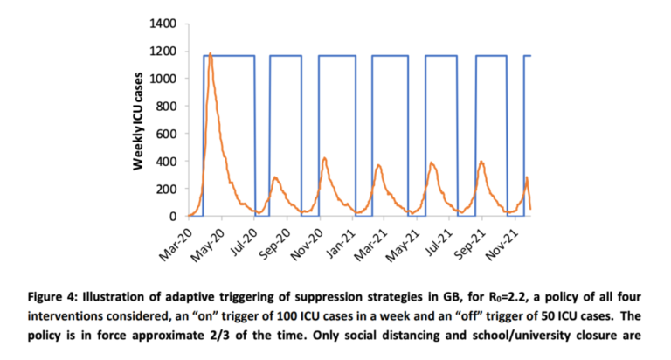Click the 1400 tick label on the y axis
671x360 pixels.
163,24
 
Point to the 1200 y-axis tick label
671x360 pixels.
163,52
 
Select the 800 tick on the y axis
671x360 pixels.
166,107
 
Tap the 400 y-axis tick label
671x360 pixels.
166,162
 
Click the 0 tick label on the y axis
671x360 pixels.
173,216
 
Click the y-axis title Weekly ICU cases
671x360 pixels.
139,120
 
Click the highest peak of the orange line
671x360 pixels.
211,53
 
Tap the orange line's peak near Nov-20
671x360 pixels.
324,158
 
